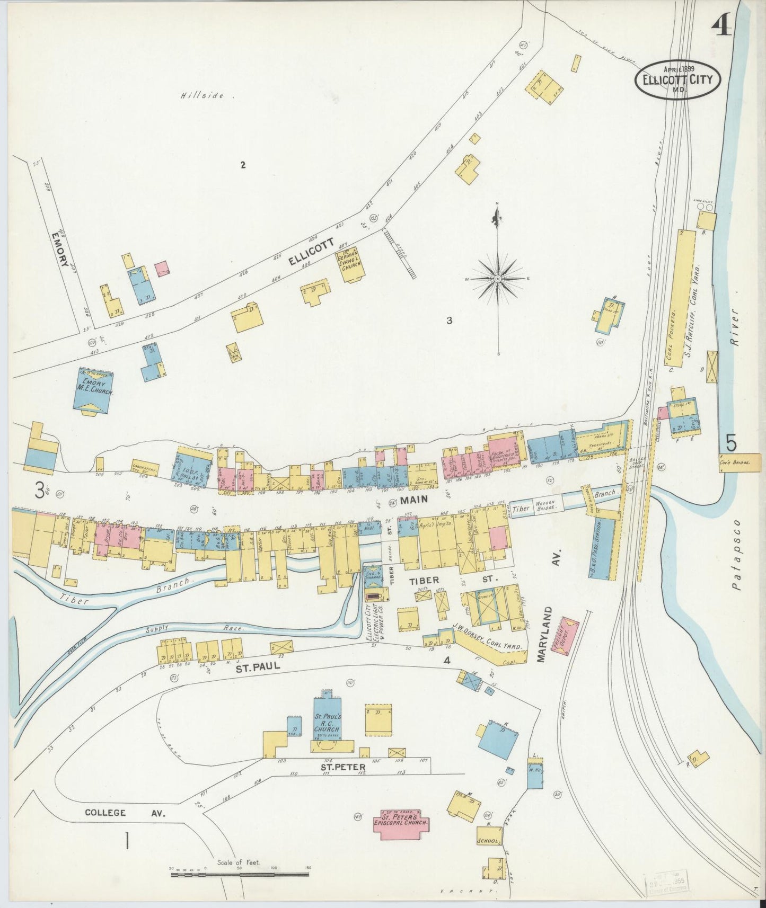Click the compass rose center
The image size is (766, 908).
point(499,279)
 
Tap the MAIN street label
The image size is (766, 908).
point(414,499)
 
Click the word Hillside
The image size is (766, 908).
point(199,96)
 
